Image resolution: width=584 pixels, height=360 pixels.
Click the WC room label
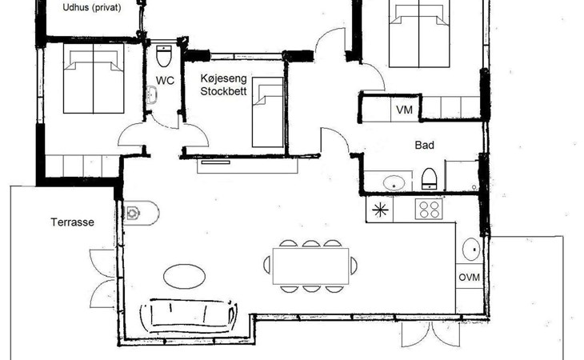point(165,80)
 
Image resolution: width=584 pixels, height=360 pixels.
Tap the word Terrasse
point(73,223)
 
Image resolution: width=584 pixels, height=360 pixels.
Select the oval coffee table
point(184,275)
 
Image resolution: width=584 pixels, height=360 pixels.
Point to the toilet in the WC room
point(164,57)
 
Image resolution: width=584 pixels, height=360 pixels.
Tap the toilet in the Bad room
point(429,178)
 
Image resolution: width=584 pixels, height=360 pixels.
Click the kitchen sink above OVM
point(470,250)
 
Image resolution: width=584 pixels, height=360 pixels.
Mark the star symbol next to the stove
point(379,210)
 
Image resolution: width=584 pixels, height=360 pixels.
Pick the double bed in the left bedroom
point(94,79)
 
